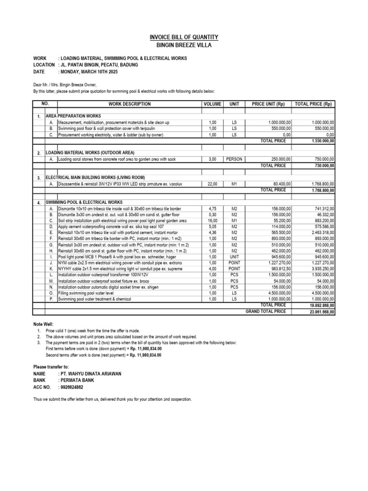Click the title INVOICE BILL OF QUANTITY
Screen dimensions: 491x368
184,37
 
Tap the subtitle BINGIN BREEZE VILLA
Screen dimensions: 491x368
184,45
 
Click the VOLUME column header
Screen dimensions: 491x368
212,104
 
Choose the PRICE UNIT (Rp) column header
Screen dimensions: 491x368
268,104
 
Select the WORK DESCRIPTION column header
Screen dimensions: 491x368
129,104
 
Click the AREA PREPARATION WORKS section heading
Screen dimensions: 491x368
73,117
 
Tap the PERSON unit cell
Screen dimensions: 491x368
234,159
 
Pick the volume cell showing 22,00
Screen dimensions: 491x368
213,184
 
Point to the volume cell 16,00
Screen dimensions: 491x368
213,221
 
